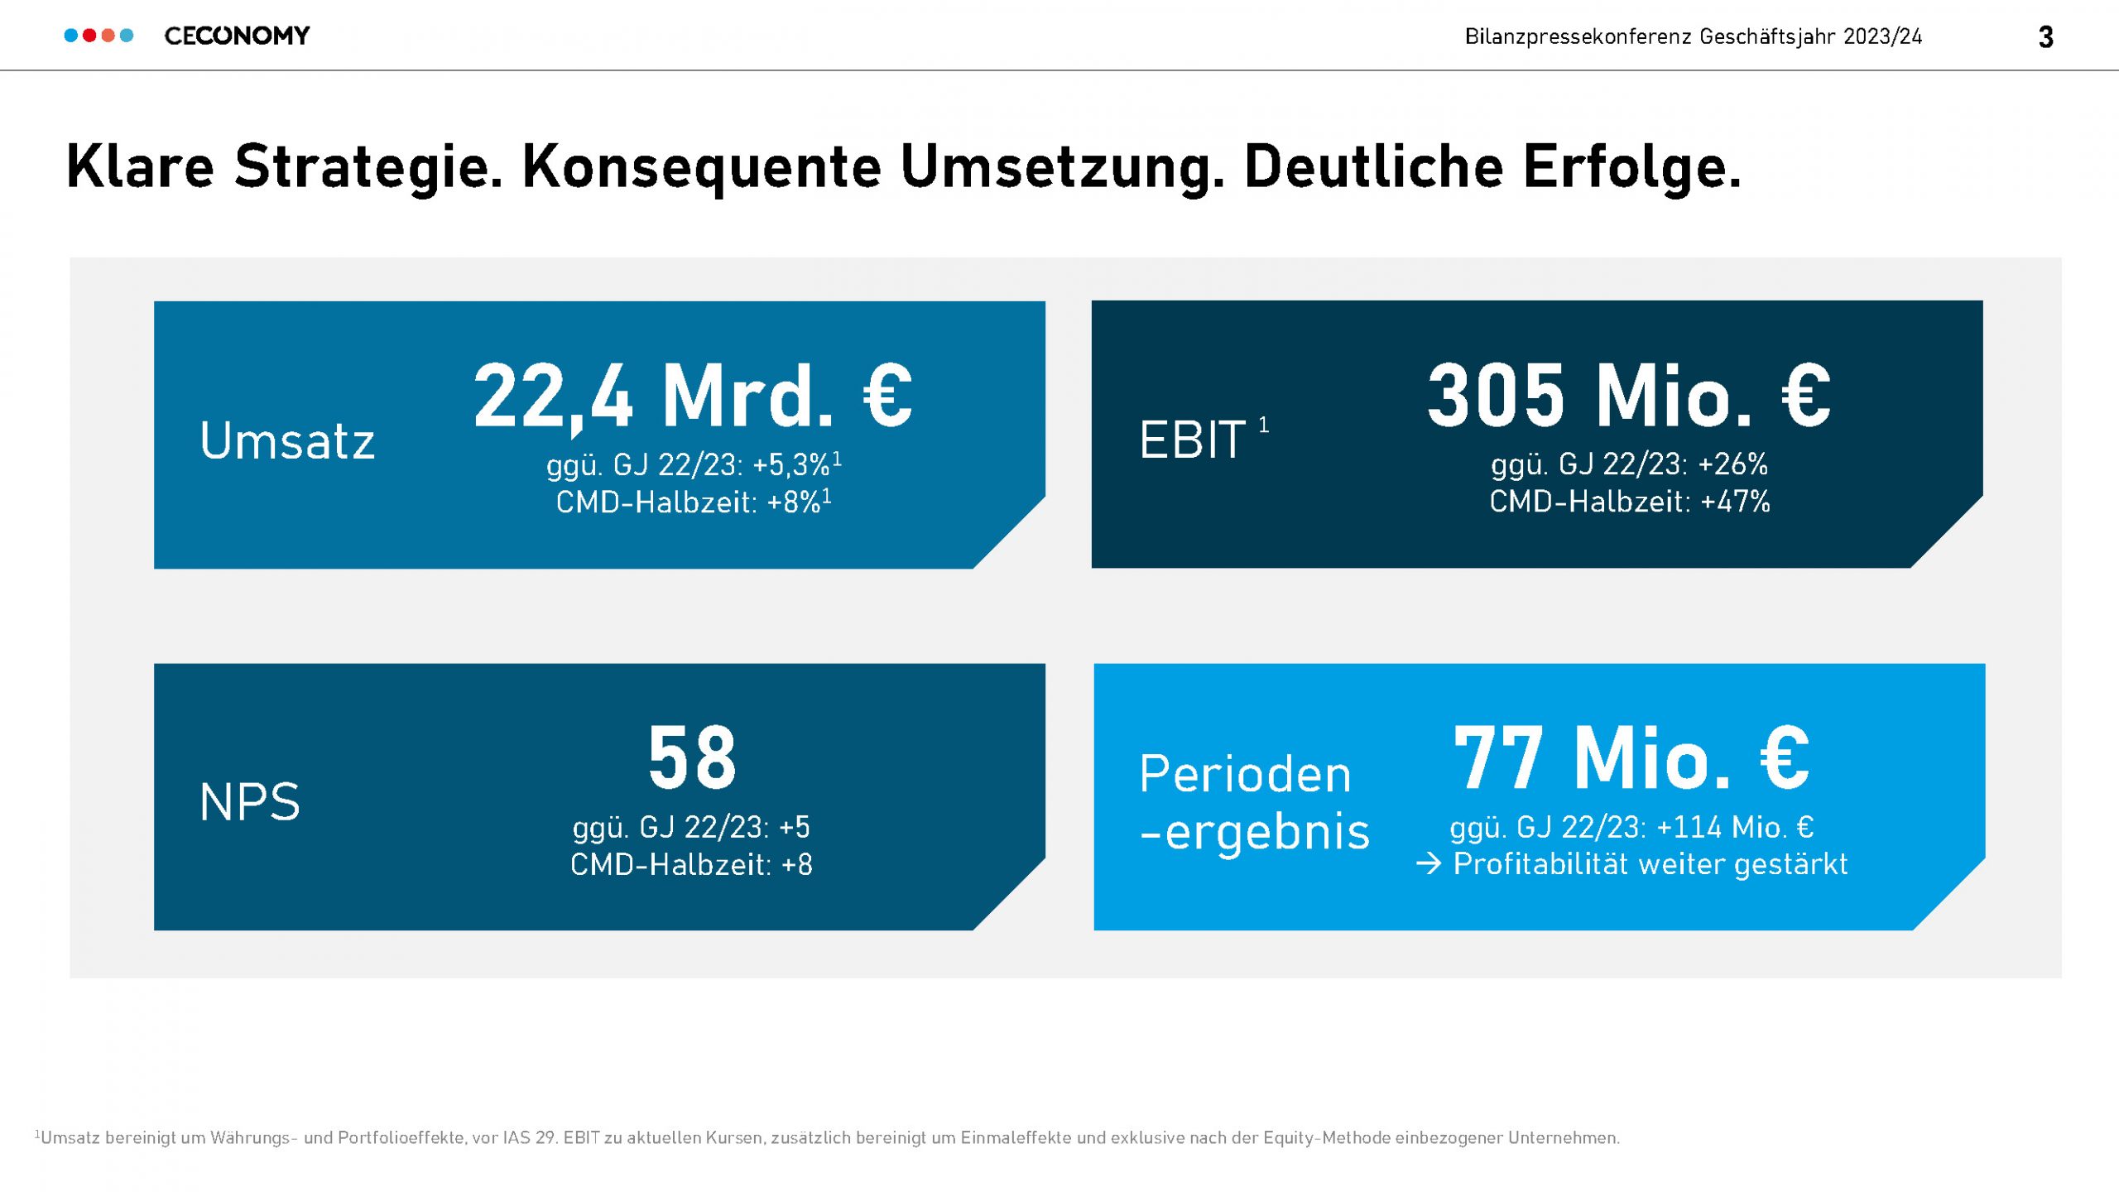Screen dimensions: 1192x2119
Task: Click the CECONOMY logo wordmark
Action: [x=237, y=36]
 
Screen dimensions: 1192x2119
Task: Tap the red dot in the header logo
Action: [x=89, y=36]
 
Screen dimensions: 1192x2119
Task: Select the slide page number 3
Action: [x=2045, y=37]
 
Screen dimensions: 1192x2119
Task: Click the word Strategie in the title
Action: [x=368, y=168]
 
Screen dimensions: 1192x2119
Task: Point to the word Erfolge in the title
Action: [x=1631, y=168]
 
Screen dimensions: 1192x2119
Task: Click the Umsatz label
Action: [x=287, y=440]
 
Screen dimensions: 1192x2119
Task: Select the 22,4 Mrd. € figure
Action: [x=692, y=397]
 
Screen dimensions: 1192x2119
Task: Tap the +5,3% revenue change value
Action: [x=791, y=465]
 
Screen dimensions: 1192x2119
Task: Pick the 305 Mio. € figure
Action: [x=1629, y=397]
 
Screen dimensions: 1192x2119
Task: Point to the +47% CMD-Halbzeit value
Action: [x=1735, y=502]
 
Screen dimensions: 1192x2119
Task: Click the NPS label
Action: [x=249, y=802]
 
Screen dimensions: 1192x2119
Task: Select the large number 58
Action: [x=692, y=757]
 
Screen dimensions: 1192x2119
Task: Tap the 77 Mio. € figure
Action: [x=1631, y=757]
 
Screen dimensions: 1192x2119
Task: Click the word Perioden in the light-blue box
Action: [x=1245, y=775]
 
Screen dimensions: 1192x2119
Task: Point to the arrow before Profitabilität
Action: [x=1429, y=864]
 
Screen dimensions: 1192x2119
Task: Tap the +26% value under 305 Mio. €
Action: [x=1732, y=464]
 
